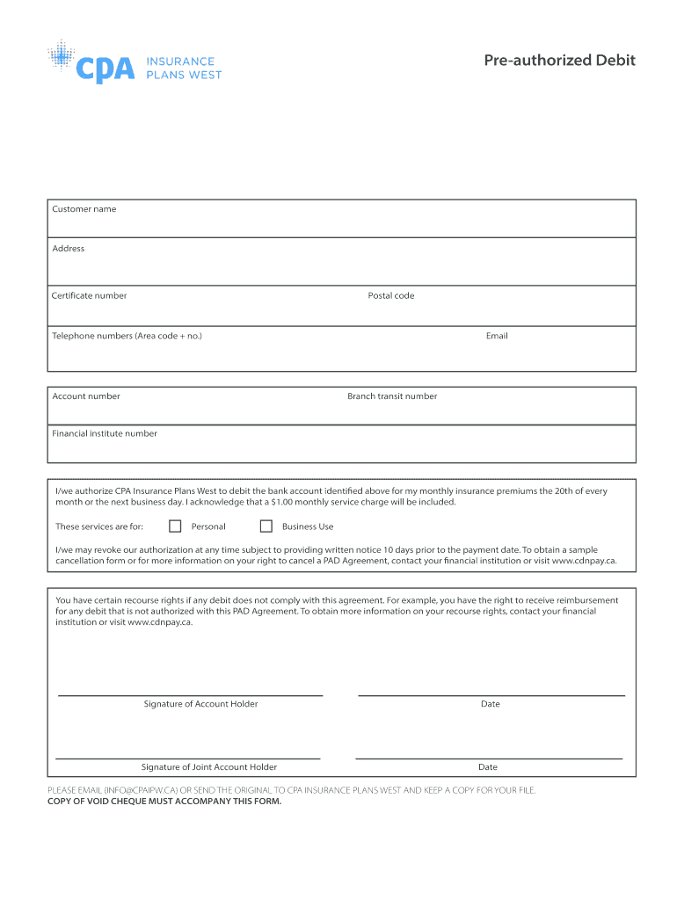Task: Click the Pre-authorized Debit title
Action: pos(559,61)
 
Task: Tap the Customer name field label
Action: pos(84,209)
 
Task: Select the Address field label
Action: pos(68,249)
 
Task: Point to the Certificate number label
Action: pos(89,295)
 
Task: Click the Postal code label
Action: pos(390,295)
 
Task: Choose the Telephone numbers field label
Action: pos(127,336)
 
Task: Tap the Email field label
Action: pos(497,336)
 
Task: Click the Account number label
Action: pos(86,396)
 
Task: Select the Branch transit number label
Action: pos(392,396)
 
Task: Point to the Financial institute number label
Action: pos(105,433)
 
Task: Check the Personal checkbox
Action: pos(175,526)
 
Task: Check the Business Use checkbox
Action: pos(266,526)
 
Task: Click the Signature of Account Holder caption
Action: pos(200,704)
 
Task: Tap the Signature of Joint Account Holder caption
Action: pos(208,767)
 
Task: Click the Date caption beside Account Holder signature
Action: pos(490,704)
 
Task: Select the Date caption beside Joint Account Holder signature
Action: pos(487,767)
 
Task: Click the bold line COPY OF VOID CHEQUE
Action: pos(164,801)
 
